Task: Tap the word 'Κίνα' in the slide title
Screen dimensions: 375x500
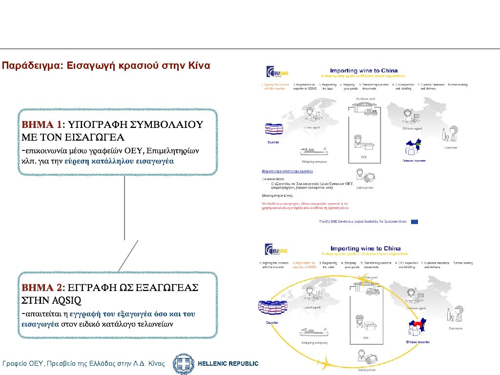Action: click(x=199, y=65)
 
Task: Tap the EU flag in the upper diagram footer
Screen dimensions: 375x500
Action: click(x=414, y=221)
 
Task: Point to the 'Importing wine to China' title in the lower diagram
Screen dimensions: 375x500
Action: click(x=365, y=249)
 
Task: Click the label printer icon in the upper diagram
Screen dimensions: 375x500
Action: click(x=366, y=177)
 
